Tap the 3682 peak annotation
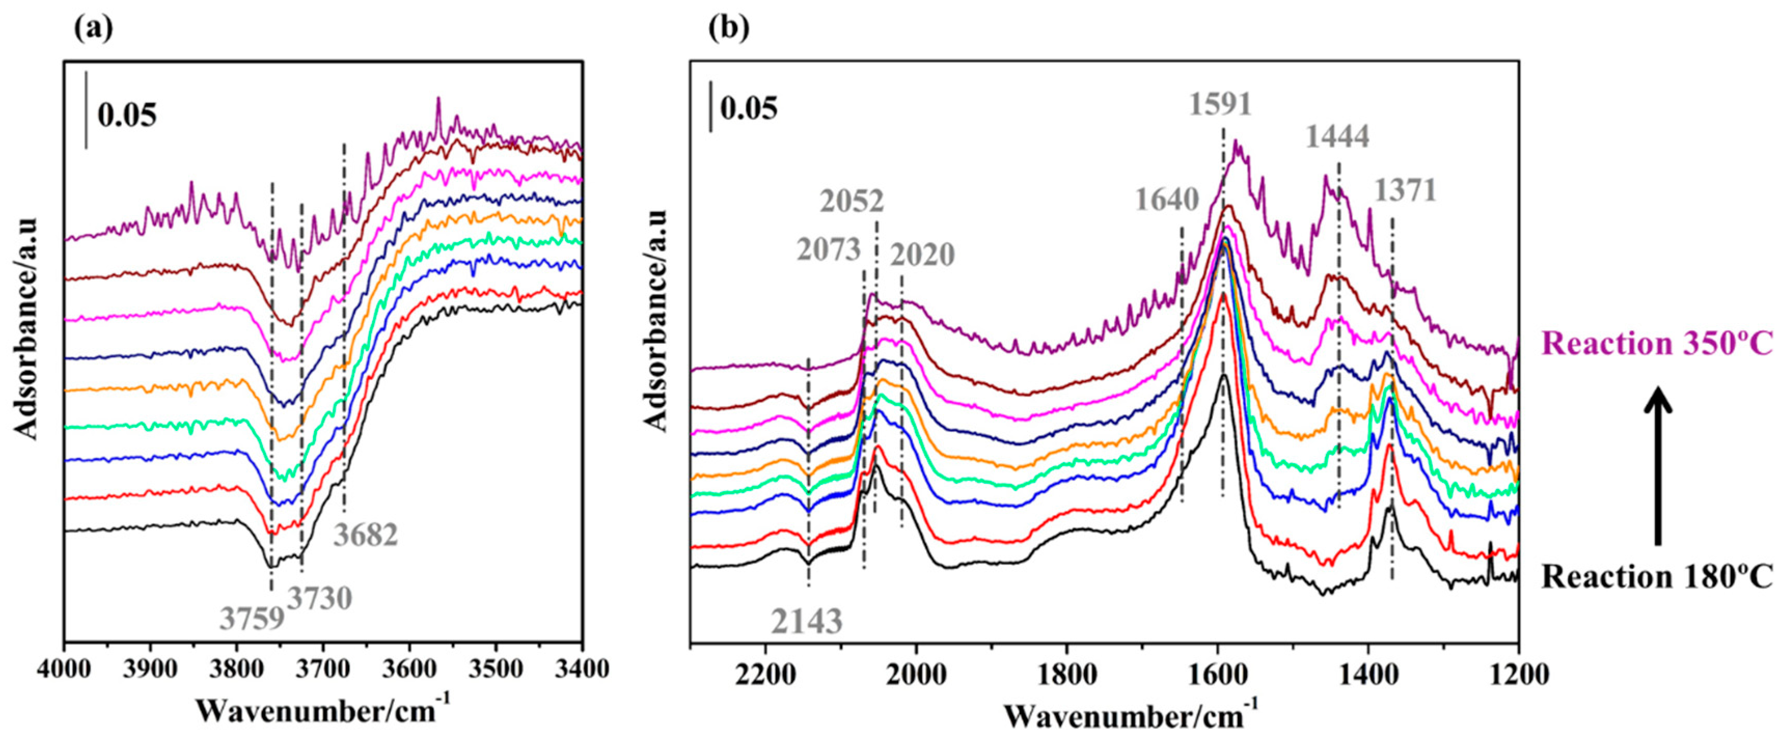(366, 535)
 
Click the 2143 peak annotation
(807, 621)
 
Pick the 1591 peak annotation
(1221, 104)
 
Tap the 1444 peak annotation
(1337, 137)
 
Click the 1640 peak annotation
(1167, 200)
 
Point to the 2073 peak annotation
(829, 249)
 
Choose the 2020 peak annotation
(922, 255)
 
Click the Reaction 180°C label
(1656, 576)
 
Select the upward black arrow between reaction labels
(1658, 467)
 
